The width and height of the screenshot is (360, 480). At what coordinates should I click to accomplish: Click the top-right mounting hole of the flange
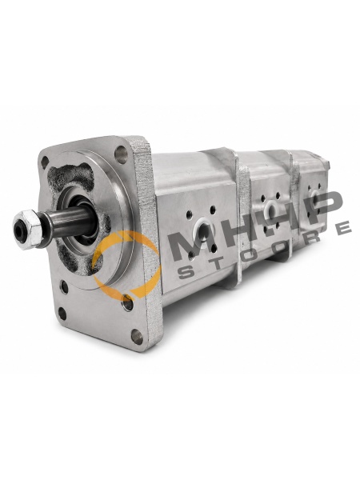click(122, 155)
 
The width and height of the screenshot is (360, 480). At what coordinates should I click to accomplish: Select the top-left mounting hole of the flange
click(45, 162)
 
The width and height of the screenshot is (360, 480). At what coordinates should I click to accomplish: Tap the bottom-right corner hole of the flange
click(137, 337)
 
